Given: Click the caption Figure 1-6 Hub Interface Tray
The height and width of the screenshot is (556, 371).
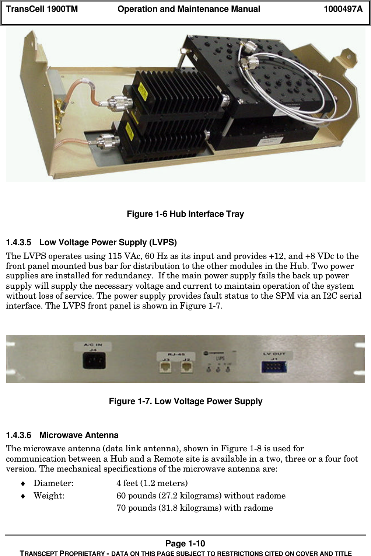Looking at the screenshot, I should pos(185,214).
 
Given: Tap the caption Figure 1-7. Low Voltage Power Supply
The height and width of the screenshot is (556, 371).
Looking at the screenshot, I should pos(186,401).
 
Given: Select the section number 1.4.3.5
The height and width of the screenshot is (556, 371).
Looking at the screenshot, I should pos(19,243).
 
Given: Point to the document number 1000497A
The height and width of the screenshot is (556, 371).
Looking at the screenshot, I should pos(343,9).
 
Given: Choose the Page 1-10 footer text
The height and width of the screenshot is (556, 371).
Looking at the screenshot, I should pos(185,543).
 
